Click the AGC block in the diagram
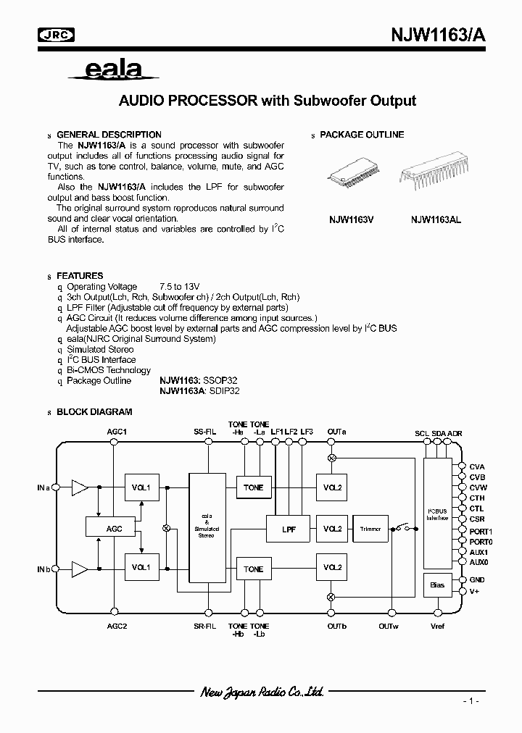115,529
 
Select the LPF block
289,529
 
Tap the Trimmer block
370,529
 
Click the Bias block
437,585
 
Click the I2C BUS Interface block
437,515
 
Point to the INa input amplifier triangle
78,487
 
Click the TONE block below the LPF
254,569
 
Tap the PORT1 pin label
481,531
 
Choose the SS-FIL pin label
205,432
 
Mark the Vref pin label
438,626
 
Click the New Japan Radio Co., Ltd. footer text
262,692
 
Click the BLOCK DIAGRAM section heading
94,411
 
